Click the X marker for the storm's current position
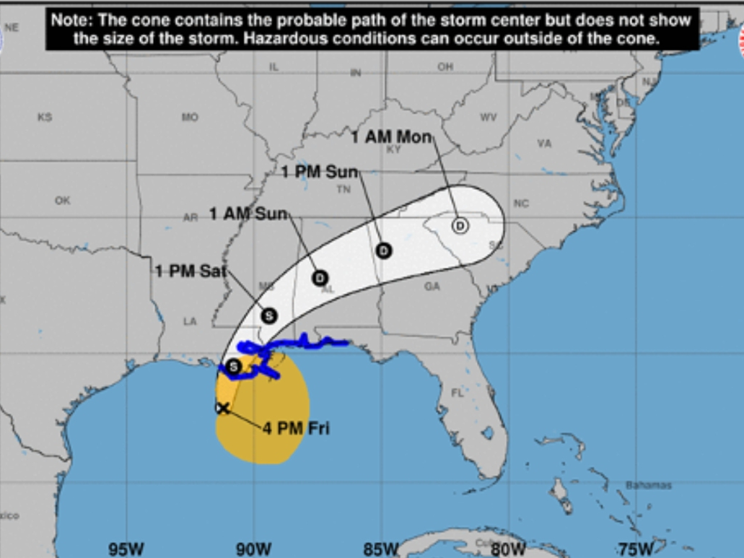click(x=223, y=408)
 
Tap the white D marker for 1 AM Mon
click(x=460, y=225)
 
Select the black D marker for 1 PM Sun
click(x=383, y=250)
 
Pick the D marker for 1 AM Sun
click(x=320, y=278)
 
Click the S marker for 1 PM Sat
click(x=268, y=315)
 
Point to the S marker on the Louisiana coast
click(x=233, y=367)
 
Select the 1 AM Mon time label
click(x=391, y=136)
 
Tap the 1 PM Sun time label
click(x=319, y=172)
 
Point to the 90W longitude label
click(x=253, y=549)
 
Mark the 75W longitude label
click(x=636, y=549)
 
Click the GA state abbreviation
click(x=432, y=287)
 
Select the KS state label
click(x=45, y=117)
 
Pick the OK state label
click(x=63, y=201)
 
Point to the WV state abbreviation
click(x=489, y=117)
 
